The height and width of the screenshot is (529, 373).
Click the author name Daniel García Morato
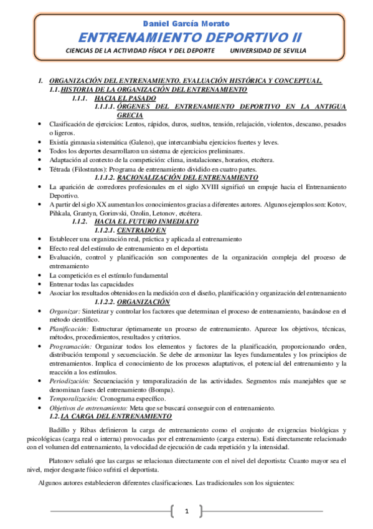(186, 24)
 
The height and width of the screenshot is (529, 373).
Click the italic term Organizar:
(64, 310)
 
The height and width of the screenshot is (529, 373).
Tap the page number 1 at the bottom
(186, 512)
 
